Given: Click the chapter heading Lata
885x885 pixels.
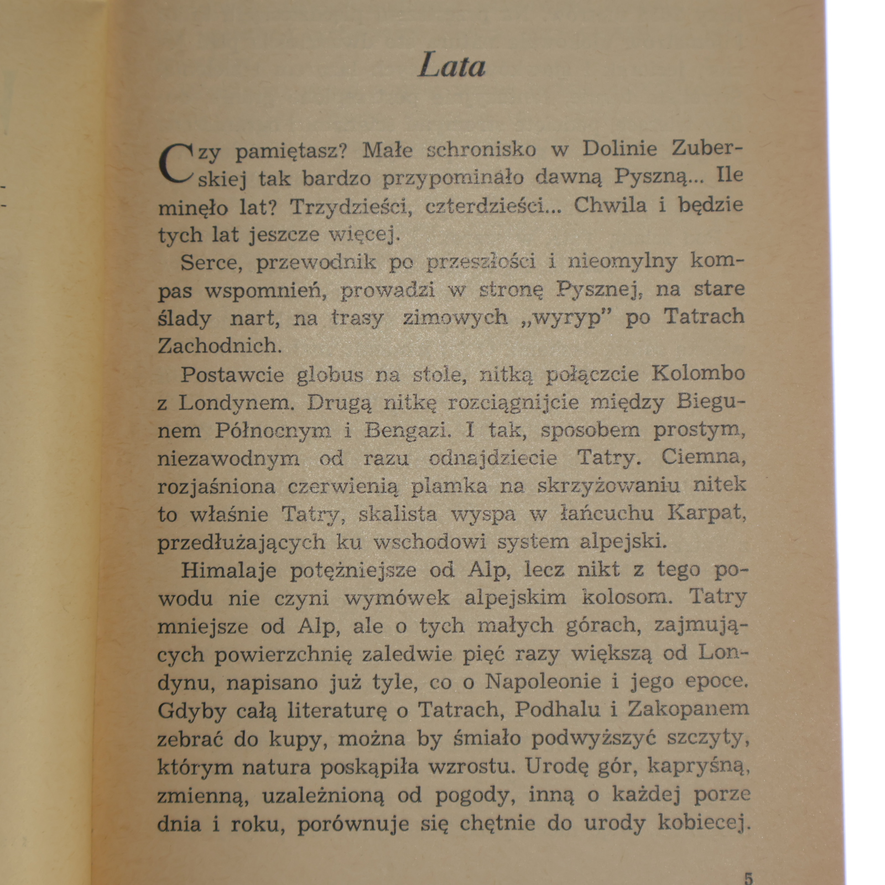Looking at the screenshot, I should tap(452, 66).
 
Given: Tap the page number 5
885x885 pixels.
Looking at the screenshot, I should tap(748, 878).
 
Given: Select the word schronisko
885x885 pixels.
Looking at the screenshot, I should tap(481, 150).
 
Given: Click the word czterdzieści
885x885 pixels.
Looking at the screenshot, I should tap(487, 206).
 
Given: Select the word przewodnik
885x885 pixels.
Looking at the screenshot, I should tap(315, 262).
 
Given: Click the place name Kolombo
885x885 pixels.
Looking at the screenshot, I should tap(698, 373).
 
